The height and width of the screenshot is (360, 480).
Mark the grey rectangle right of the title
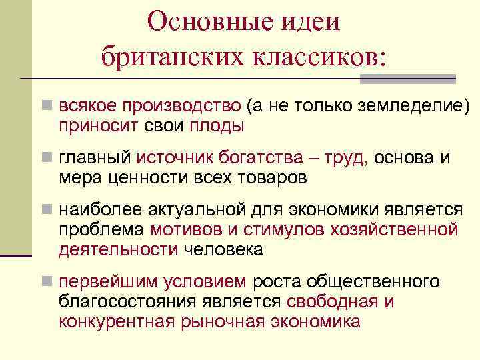click(x=408, y=79)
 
